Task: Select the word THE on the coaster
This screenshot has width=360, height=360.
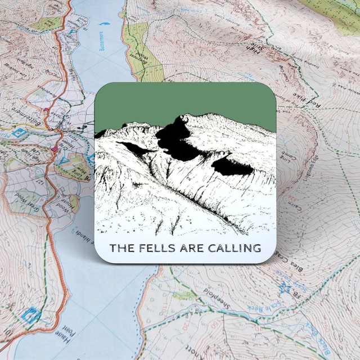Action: [x=120, y=248]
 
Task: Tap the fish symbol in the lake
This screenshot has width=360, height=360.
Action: [x=103, y=25]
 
